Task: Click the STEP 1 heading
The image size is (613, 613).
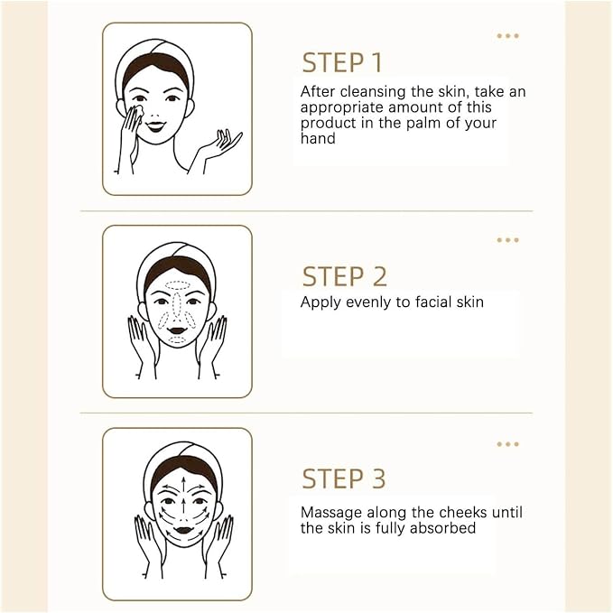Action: click(341, 62)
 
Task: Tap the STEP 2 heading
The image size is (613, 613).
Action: click(345, 276)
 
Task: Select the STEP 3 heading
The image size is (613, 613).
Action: click(344, 478)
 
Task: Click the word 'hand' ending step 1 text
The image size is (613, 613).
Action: click(318, 138)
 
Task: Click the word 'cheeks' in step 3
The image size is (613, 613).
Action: click(463, 512)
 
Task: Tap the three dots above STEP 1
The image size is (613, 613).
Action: click(508, 36)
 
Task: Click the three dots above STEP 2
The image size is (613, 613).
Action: click(508, 240)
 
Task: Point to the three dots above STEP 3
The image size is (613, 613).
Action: click(508, 444)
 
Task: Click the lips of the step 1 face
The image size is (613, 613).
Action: click(155, 126)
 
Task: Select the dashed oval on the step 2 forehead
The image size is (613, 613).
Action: click(177, 285)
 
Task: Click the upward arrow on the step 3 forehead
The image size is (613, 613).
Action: click(182, 485)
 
